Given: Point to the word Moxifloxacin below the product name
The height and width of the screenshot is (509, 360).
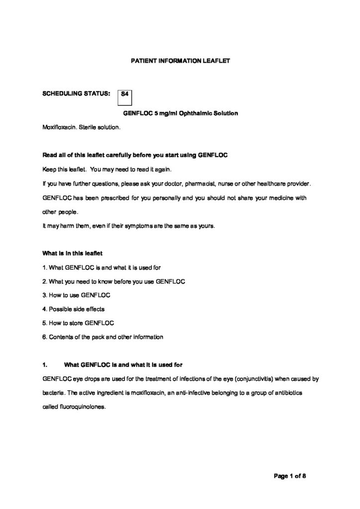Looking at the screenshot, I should [59, 127].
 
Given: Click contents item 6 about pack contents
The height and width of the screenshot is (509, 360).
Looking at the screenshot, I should [102, 337].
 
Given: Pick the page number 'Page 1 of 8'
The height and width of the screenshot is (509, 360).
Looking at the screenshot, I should [290, 476].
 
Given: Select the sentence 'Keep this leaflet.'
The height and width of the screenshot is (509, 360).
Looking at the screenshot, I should [65, 170].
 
